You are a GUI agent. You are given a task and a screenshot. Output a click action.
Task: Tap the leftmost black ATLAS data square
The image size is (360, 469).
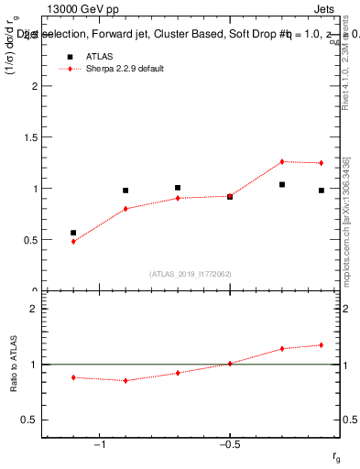point(73,233)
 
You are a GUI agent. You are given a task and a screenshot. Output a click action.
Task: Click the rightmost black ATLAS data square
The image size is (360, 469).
point(322,191)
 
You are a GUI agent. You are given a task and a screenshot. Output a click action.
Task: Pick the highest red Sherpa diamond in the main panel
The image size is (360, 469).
point(282,161)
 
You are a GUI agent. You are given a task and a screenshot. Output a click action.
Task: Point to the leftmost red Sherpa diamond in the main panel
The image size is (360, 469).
point(73,241)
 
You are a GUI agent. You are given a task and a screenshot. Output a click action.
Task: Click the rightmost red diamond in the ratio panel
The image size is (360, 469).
point(322,345)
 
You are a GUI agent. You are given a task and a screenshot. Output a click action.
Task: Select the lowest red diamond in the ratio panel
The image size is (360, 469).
point(125,380)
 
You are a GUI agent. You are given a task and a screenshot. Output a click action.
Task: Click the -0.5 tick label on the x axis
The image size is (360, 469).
point(229,444)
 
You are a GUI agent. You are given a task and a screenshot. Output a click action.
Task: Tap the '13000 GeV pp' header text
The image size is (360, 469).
point(75,10)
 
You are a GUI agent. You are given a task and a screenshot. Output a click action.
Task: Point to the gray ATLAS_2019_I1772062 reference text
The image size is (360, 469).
point(191,274)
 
